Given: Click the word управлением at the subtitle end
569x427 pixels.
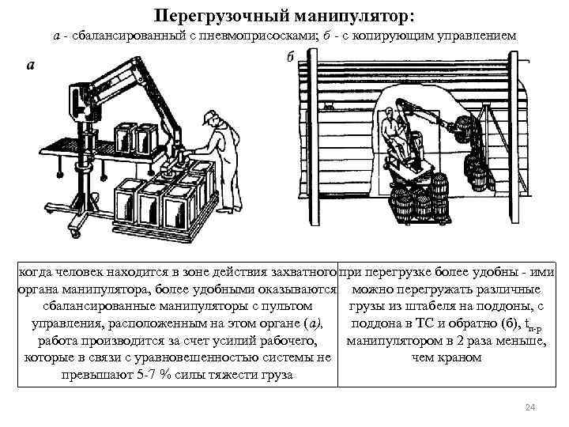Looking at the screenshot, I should pyautogui.click(x=477, y=37).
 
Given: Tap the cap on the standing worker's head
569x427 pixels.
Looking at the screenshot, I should pyautogui.click(x=209, y=118).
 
